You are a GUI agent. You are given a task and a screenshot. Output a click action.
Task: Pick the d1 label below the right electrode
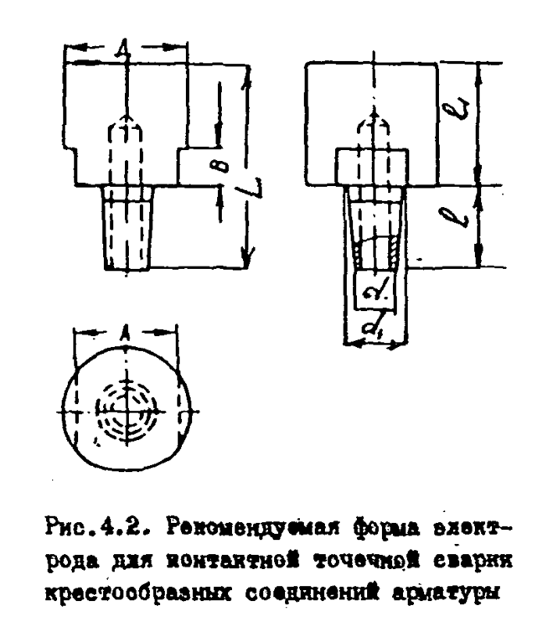(375, 330)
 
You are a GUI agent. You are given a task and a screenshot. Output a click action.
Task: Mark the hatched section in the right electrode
(375, 251)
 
